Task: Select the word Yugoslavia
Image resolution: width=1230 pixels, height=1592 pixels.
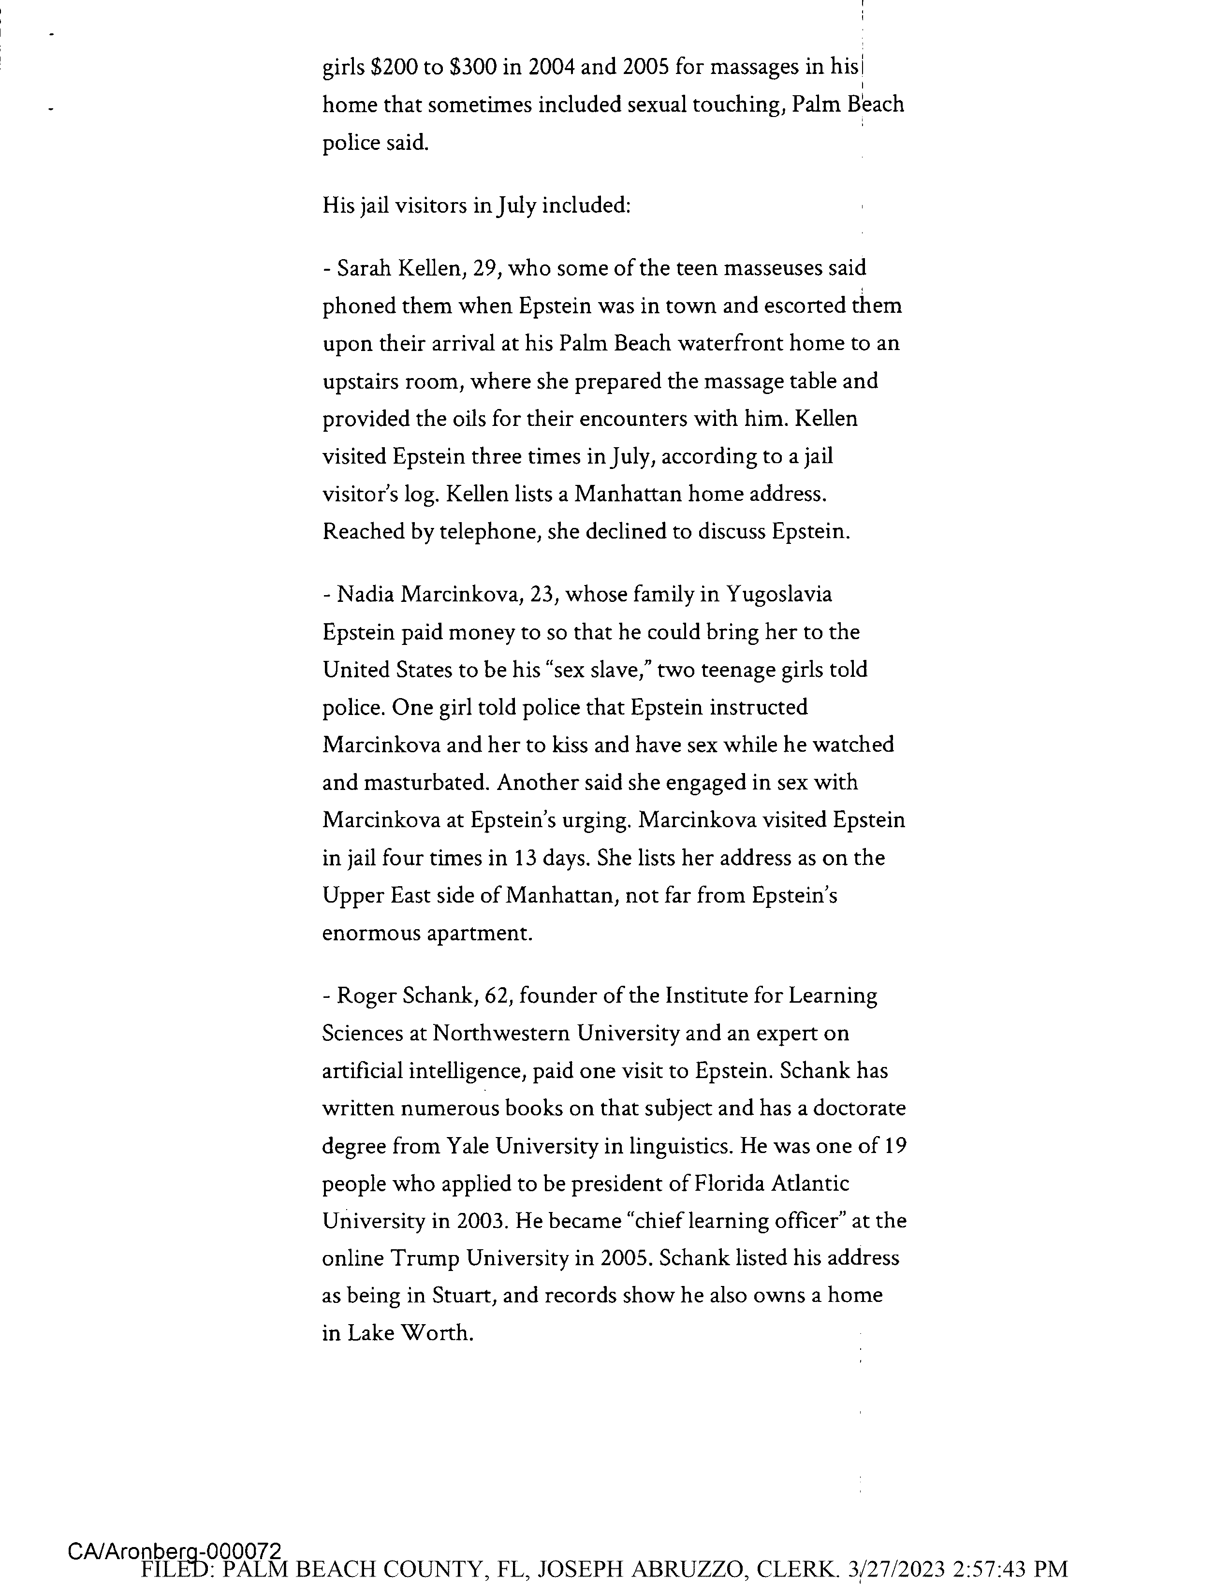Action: [x=778, y=595]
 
